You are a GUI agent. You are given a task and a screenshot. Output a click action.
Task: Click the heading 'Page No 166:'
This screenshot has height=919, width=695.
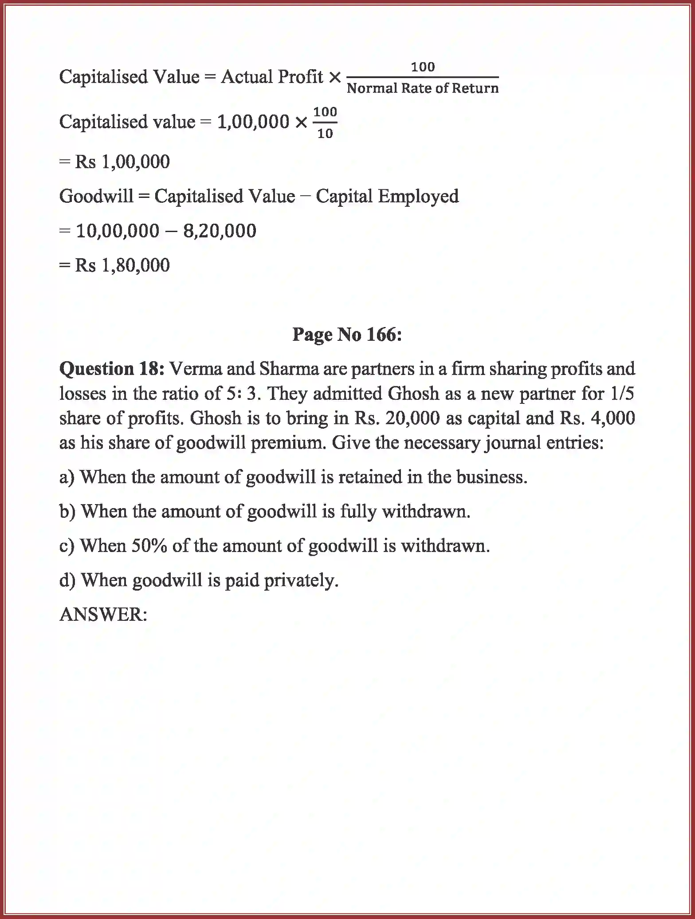coord(347,335)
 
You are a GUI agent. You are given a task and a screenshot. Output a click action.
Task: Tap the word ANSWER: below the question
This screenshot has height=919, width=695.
coord(103,615)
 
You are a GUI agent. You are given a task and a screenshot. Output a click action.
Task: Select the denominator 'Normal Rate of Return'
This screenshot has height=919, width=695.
coord(422,88)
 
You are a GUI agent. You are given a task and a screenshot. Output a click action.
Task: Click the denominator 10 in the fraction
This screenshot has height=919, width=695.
coord(325,134)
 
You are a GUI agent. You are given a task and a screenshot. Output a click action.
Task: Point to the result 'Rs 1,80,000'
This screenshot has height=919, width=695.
coord(122,265)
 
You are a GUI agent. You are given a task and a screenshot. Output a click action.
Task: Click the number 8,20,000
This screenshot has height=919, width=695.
coord(220,231)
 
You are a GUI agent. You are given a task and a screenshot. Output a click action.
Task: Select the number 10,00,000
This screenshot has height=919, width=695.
coord(118,231)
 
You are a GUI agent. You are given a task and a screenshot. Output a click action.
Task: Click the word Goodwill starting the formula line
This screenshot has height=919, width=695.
coord(96,197)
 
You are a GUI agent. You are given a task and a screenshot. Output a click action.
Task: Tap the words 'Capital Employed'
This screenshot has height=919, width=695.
coord(387,197)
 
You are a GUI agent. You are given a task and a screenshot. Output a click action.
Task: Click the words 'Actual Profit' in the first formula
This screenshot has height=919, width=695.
coord(272,77)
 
